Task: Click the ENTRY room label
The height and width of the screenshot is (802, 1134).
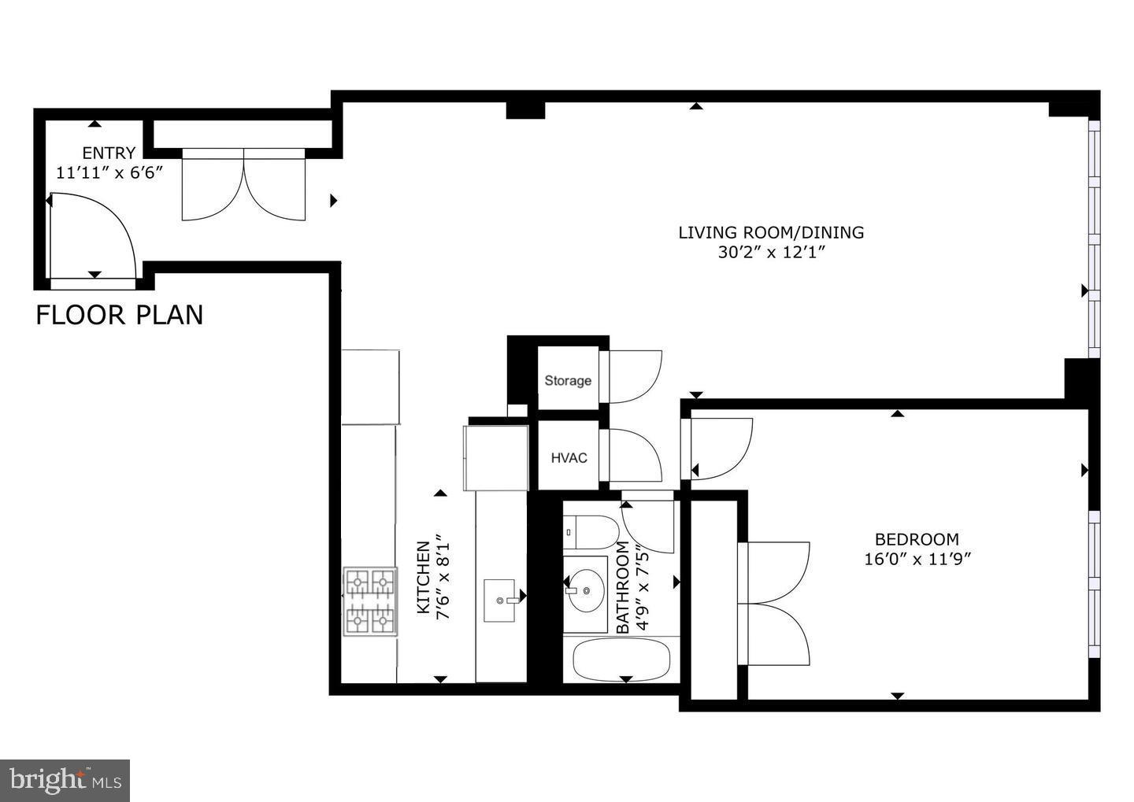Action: tap(109, 153)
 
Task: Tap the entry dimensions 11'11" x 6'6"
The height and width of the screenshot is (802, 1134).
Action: tap(109, 172)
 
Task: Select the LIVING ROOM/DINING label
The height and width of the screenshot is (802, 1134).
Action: tap(771, 232)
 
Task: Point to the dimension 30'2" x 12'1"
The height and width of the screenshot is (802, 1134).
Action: tap(771, 253)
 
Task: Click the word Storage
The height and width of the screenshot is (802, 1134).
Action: tap(568, 381)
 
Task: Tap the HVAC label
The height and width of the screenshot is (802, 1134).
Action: tap(569, 458)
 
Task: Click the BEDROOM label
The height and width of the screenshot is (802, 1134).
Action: tap(917, 539)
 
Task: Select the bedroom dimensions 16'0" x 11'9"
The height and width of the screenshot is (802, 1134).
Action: tap(917, 560)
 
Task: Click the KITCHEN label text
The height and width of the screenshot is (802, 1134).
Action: tap(423, 578)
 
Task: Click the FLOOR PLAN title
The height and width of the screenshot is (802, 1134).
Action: tap(120, 316)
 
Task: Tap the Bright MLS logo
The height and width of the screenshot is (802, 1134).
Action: tap(65, 780)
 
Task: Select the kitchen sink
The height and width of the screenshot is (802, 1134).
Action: tap(501, 600)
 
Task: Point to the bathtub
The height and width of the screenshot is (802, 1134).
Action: tap(621, 660)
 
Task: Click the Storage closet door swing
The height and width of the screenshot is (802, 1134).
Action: tap(632, 377)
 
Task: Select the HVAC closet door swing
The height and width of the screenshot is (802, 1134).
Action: tap(632, 455)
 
